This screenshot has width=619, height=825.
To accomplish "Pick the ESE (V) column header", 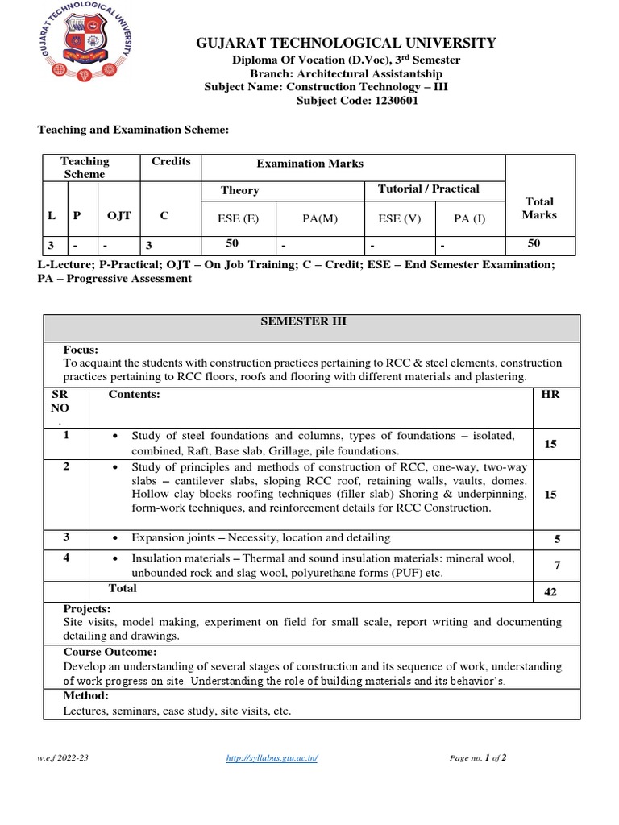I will coord(398,216).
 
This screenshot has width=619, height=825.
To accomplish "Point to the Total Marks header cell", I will coord(538,208).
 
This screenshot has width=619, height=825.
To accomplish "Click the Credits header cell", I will coord(171,161).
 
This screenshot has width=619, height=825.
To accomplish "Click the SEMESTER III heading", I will coord(309,321).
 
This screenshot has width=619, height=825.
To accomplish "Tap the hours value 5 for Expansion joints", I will coord(556,540).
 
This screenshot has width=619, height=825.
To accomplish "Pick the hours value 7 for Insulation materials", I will coord(556,566).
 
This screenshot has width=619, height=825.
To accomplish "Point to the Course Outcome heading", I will coord(110,652).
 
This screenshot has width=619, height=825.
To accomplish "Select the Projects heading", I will coord(87,608).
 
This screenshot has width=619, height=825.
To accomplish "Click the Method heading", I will coord(85,695).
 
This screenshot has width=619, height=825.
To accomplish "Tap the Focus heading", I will coord(81,350).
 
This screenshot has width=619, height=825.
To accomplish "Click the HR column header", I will coord(551,394).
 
